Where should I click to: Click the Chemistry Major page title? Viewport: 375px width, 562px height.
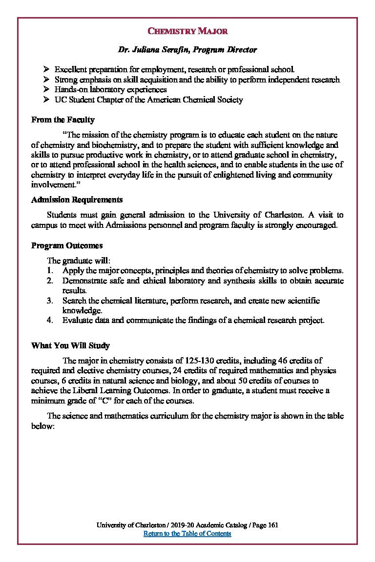[x=187, y=32]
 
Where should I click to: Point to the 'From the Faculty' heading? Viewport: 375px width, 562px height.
[x=63, y=120]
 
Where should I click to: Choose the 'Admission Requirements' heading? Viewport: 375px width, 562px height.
[x=77, y=200]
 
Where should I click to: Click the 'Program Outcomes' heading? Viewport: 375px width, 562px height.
[x=67, y=245]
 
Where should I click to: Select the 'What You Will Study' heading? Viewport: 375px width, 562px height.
[x=70, y=345]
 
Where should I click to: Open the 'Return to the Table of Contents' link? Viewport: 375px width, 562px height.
[x=187, y=533]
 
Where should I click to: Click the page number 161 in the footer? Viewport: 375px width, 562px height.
[x=273, y=525]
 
